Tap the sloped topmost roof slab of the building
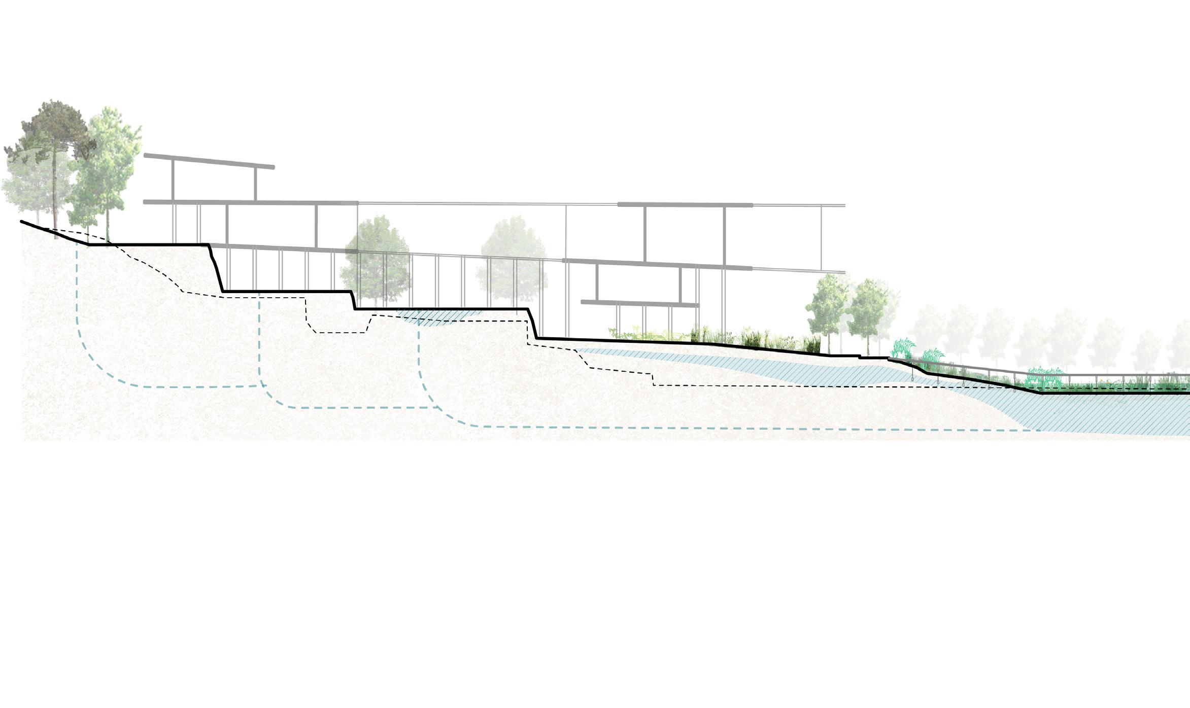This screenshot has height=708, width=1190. pos(209,161)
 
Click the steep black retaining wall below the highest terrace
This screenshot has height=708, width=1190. pos(217,269)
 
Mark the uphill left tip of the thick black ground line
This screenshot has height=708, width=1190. pos(22,222)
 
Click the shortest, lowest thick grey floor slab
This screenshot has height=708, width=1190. pos(639,303)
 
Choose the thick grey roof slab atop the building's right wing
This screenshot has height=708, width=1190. pos(685,205)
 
